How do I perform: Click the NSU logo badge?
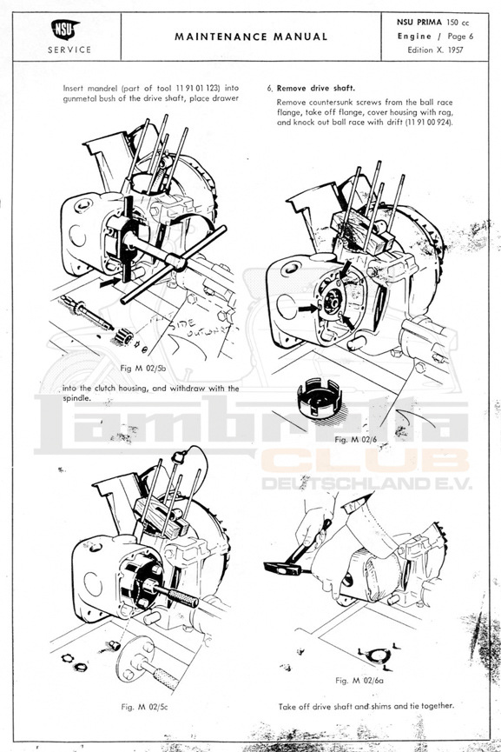coord(65,30)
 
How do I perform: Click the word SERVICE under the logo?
coord(69,50)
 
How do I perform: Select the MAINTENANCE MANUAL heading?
coord(251,37)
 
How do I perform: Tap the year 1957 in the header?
coord(455,50)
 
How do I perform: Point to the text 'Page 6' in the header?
coord(460,36)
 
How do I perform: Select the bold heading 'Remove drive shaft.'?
coord(316,89)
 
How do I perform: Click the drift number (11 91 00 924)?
coord(429,123)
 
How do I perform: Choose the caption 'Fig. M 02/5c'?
coord(145,707)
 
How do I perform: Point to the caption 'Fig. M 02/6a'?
coord(359,680)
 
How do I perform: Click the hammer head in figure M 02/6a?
coord(282,569)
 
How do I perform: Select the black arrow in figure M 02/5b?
coord(109,283)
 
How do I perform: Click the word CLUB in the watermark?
coord(366,462)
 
